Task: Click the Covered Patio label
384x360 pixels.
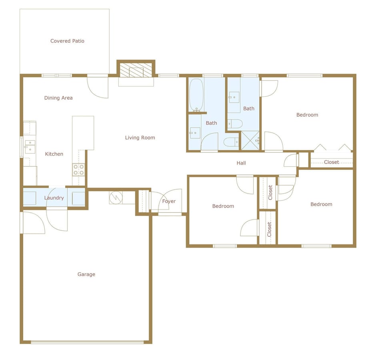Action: (x=67, y=41)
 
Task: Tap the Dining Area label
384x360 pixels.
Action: (x=58, y=98)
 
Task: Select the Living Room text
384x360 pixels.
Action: (x=140, y=138)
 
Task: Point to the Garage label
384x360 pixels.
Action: (x=86, y=274)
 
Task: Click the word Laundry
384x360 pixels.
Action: (x=54, y=198)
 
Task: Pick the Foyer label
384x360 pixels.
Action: (x=169, y=201)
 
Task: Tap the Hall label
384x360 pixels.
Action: (x=241, y=163)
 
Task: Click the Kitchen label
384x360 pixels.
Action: (x=54, y=154)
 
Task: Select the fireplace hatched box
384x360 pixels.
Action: (x=136, y=71)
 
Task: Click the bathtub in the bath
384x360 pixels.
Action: (x=196, y=95)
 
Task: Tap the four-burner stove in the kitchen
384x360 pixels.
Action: (x=78, y=170)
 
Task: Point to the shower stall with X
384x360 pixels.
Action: (x=250, y=140)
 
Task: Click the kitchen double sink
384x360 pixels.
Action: (x=30, y=145)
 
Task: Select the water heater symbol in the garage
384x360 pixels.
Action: (x=116, y=198)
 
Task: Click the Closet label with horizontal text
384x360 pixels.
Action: (x=331, y=162)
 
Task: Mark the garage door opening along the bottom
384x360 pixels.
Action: (x=87, y=342)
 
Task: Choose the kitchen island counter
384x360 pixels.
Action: (x=83, y=132)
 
